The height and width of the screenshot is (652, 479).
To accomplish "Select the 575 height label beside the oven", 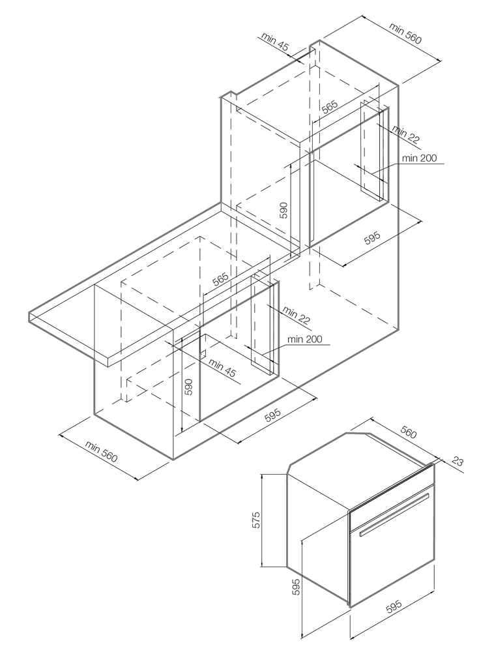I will pos(257,520).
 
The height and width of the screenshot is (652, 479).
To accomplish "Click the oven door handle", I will pos(394,515).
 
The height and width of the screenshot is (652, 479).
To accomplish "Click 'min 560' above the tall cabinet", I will pos(405,33).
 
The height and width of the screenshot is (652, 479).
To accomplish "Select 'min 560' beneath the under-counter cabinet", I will pos(100,452).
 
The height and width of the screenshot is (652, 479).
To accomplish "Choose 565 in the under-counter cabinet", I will pos(220,282).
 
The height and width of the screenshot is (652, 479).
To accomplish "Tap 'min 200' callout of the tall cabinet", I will pos(419,158).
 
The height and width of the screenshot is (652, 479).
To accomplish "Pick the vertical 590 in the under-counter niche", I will pos(188,387).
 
